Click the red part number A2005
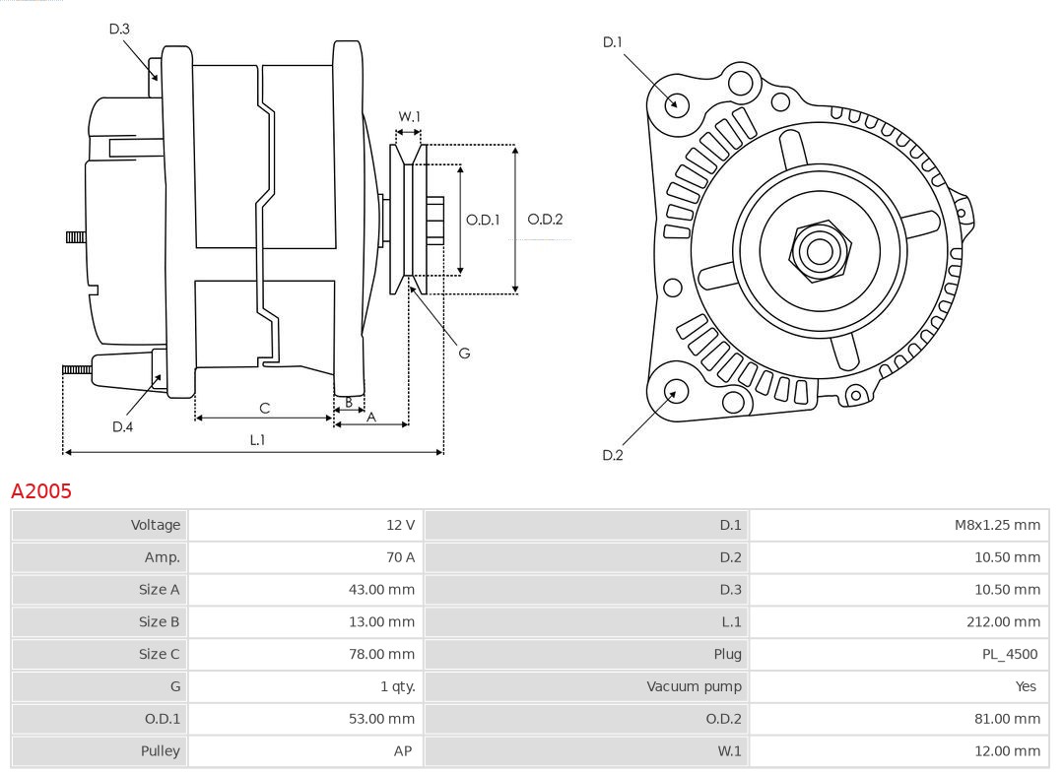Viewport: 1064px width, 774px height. pyautogui.click(x=41, y=490)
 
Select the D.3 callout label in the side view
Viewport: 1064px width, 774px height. pyautogui.click(x=119, y=30)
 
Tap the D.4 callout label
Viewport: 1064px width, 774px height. pyautogui.click(x=122, y=426)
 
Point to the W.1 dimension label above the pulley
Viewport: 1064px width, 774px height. pyautogui.click(x=409, y=116)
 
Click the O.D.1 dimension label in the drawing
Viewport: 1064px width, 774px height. pyautogui.click(x=483, y=220)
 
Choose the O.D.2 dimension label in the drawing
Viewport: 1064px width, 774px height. pyautogui.click(x=545, y=220)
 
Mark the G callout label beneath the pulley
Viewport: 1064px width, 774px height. pyautogui.click(x=464, y=353)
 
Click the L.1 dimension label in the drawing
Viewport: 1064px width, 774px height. pyautogui.click(x=257, y=440)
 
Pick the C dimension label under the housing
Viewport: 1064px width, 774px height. pyautogui.click(x=264, y=408)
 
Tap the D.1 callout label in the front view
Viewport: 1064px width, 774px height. pyautogui.click(x=613, y=42)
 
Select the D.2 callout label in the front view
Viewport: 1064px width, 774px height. pyautogui.click(x=613, y=455)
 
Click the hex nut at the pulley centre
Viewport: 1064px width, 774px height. pyautogui.click(x=819, y=250)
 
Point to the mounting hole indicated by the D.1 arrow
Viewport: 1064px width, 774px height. pyautogui.click(x=677, y=103)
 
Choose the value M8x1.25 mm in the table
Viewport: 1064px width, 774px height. pyautogui.click(x=996, y=525)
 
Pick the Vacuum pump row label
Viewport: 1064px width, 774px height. pyautogui.click(x=694, y=686)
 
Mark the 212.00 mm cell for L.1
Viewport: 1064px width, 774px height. pyautogui.click(x=1003, y=621)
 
